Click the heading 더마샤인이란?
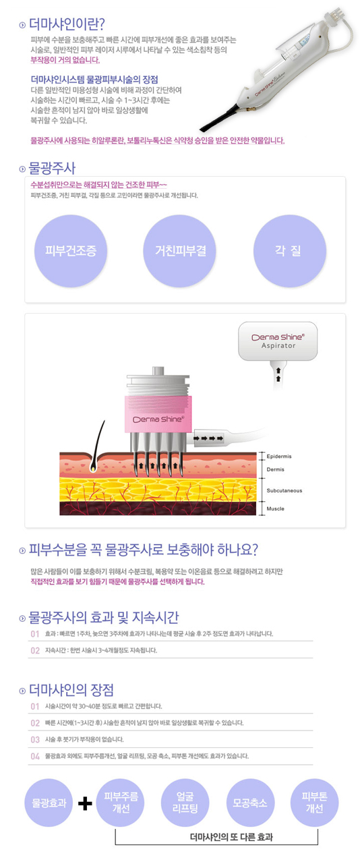point(67,24)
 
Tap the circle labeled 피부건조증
point(71,251)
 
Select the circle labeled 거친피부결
point(181,251)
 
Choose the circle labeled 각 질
point(290,251)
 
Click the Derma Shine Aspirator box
point(278,341)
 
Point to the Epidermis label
point(279,456)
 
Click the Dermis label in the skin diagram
point(276,469)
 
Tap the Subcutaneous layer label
point(284,490)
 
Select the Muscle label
point(276,509)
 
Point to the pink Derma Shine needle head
point(158,414)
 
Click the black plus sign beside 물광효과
point(85,804)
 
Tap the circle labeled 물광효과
point(49,803)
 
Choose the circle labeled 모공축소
point(250,803)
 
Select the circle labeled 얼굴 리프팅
point(185,803)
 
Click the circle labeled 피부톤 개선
point(314,803)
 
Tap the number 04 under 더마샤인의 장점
point(35,757)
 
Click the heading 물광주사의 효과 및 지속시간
point(104,617)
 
